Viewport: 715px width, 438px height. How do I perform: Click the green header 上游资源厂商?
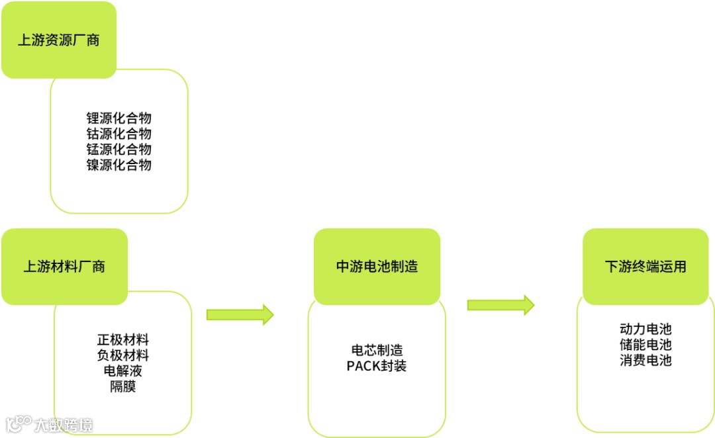59,40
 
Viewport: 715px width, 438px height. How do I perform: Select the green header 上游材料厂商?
64,267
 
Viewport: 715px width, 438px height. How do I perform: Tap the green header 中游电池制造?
377,267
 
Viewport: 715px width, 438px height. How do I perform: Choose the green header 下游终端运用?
645,267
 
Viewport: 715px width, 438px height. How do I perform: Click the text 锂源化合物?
119,118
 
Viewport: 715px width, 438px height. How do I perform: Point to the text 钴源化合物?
119,134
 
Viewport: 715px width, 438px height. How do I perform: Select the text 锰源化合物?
119,150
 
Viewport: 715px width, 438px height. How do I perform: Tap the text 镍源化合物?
119,165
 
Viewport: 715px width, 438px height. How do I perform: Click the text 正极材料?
123,340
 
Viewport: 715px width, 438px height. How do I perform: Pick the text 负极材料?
123,355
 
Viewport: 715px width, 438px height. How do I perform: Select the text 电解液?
123,371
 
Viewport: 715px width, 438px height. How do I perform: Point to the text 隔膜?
123,386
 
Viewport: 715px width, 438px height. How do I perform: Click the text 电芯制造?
377,351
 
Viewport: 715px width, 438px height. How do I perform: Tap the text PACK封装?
377,366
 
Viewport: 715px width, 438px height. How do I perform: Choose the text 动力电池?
645,329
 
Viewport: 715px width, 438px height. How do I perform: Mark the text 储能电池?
645,345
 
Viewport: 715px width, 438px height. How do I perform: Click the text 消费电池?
645,361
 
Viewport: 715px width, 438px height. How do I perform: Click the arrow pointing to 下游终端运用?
501,305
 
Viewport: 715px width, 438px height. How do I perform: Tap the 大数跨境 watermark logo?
50,424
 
